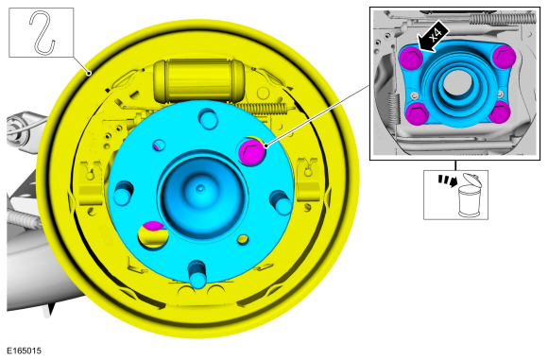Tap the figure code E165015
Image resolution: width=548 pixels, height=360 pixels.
[24, 351]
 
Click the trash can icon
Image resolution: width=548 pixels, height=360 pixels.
[469, 195]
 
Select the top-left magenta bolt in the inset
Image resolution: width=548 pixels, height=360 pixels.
[411, 58]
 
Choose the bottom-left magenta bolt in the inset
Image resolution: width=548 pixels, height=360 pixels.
[418, 113]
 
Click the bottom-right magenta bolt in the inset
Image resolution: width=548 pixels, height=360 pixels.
[500, 112]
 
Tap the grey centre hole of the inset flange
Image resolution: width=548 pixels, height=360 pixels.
[458, 82]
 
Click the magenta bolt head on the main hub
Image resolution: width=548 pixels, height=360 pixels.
[251, 151]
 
